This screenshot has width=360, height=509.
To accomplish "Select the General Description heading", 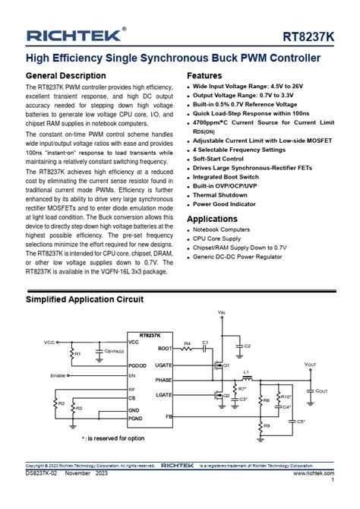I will tap(66, 76).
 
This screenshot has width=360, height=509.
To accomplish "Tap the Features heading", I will tap(204, 76).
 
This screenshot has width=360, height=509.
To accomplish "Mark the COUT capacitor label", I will tap(322, 390).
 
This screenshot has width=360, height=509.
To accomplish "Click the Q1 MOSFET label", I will tap(226, 365).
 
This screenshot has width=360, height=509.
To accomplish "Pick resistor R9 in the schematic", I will tap(265, 426).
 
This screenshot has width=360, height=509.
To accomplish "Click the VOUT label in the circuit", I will tap(310, 365).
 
